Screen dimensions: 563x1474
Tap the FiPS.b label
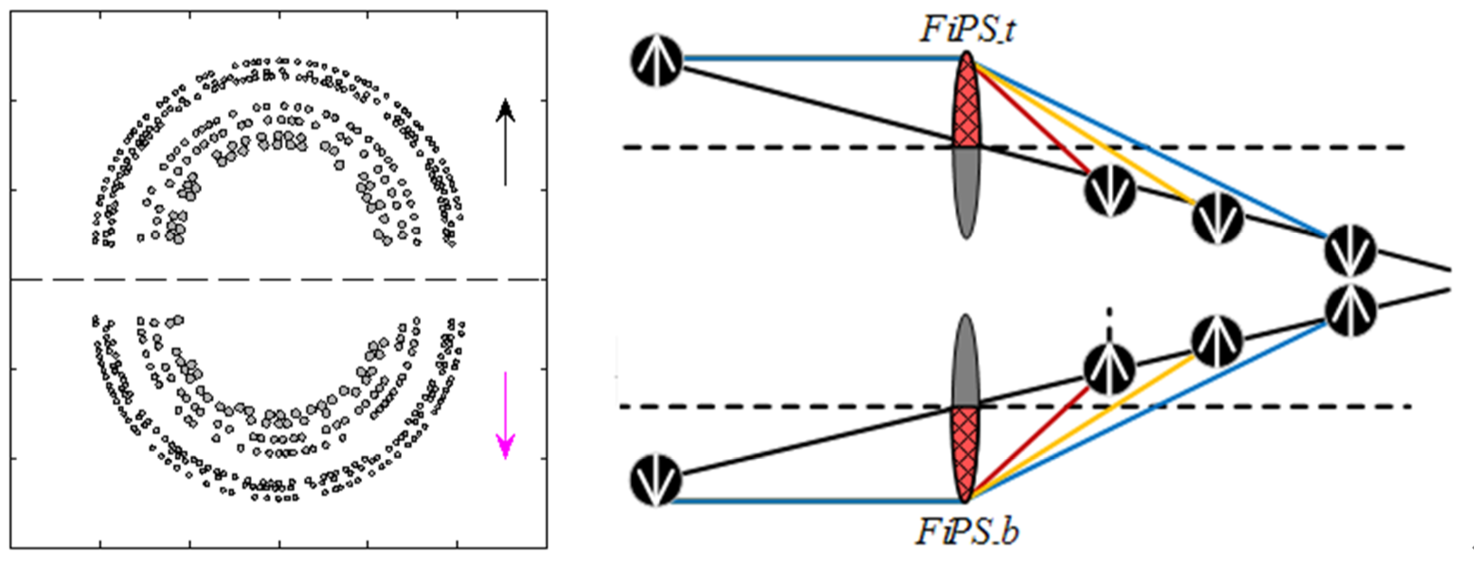pos(967,531)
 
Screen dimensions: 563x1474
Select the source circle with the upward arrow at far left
pos(656,62)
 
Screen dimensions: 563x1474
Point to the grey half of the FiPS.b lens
pos(967,362)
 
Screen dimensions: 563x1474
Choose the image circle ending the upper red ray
pos(1109,191)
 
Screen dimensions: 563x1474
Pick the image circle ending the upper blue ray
pos(1350,251)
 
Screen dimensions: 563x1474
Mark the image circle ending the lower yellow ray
pos(1215,340)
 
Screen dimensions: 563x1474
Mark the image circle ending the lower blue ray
pos(1350,309)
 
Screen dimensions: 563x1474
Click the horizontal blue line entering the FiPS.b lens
pos(815,500)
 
